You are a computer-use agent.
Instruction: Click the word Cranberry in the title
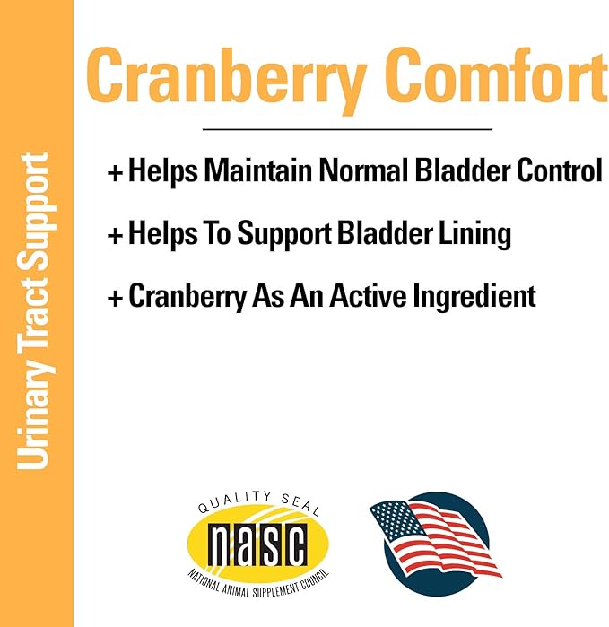(225, 74)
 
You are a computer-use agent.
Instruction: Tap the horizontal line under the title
(347, 129)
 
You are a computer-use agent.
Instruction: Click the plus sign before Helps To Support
(114, 236)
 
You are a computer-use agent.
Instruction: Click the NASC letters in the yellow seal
(257, 541)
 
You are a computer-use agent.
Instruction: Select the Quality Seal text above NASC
(257, 508)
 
